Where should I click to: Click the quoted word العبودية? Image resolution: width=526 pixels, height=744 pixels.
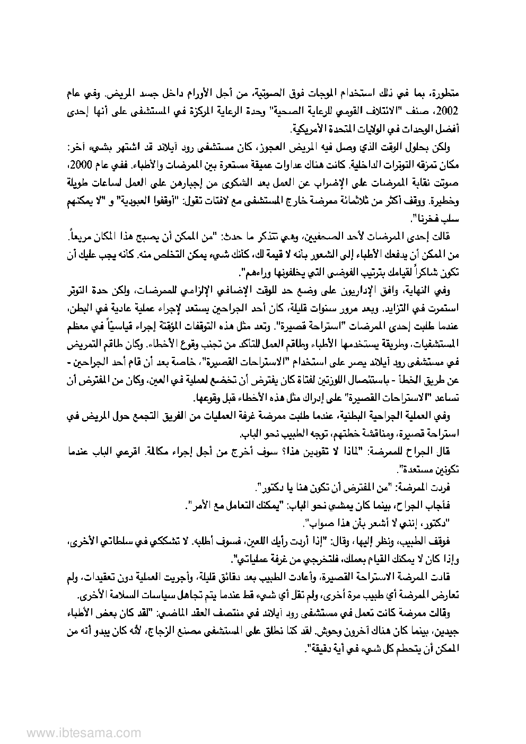[x=133, y=200]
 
